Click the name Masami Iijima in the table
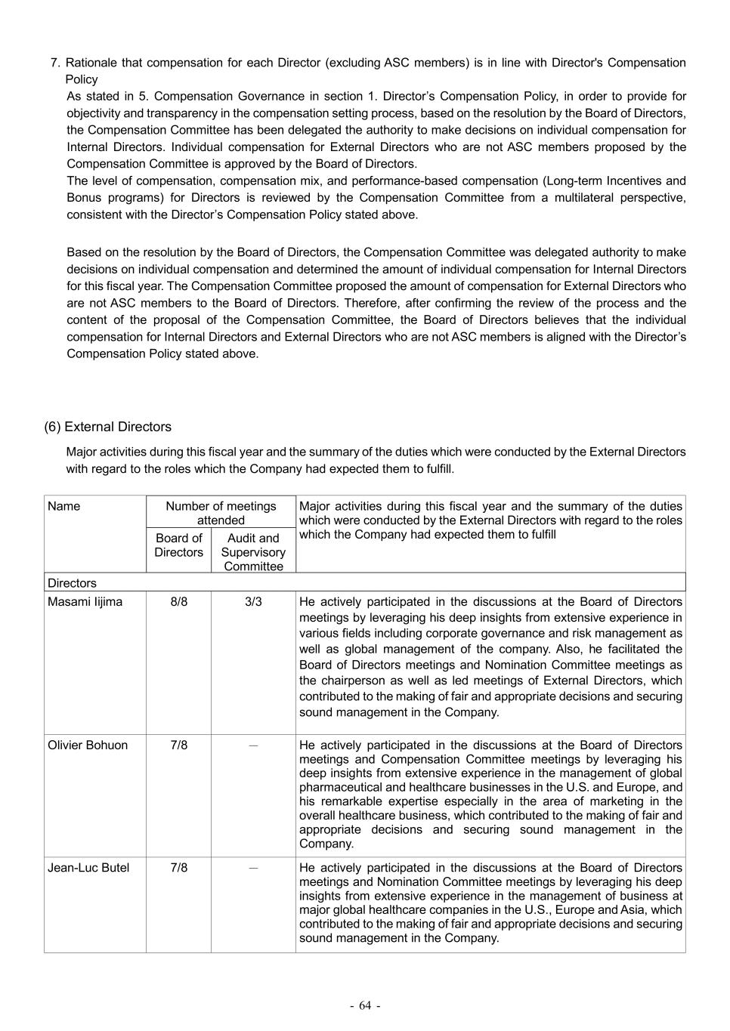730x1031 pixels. [x=85, y=602]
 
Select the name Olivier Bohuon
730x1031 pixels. [x=88, y=745]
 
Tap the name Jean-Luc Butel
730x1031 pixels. [x=88, y=868]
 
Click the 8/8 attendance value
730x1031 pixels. [x=179, y=602]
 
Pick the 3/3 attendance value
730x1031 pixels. [x=253, y=602]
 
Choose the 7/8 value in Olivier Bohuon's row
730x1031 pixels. [x=179, y=745]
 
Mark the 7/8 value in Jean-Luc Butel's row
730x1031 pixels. [x=179, y=868]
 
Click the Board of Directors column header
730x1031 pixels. [x=179, y=545]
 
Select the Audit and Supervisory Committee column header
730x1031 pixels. [x=253, y=552]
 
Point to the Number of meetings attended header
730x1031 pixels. [x=221, y=513]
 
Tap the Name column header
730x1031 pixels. [x=63, y=506]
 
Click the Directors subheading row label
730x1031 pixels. [x=72, y=583]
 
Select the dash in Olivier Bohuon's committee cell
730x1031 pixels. [x=253, y=745]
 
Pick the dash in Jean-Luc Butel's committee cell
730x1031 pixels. [x=253, y=869]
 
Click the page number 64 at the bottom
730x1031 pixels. [x=365, y=1005]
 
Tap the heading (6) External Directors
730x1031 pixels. [x=107, y=427]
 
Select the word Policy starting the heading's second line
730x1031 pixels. [x=82, y=79]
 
